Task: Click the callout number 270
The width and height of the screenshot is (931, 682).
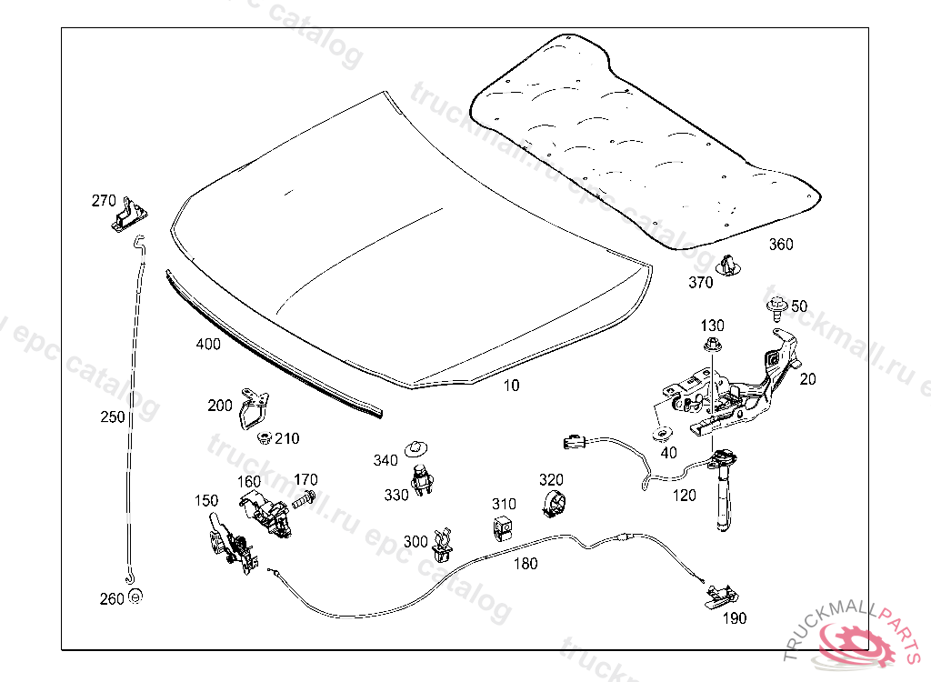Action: (104, 200)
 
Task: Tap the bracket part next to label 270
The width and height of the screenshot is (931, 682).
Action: (131, 216)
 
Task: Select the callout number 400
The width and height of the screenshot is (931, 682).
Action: (207, 344)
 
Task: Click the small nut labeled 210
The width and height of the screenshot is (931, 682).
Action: (265, 438)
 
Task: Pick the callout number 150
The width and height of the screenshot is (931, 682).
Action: (206, 500)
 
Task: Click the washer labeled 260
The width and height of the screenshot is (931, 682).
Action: (135, 597)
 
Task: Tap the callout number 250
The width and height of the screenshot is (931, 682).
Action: (113, 416)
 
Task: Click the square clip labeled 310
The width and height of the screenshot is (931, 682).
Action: (501, 527)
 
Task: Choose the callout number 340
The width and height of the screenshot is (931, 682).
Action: (385, 460)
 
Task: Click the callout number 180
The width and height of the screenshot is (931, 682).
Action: (526, 563)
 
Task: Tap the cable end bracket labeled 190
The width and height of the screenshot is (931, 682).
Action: (722, 596)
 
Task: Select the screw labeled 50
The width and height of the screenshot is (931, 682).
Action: (776, 307)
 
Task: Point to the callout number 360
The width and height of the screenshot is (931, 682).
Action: (781, 244)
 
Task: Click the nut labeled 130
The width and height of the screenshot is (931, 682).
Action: (712, 345)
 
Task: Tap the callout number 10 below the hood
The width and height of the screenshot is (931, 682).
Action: (512, 385)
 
